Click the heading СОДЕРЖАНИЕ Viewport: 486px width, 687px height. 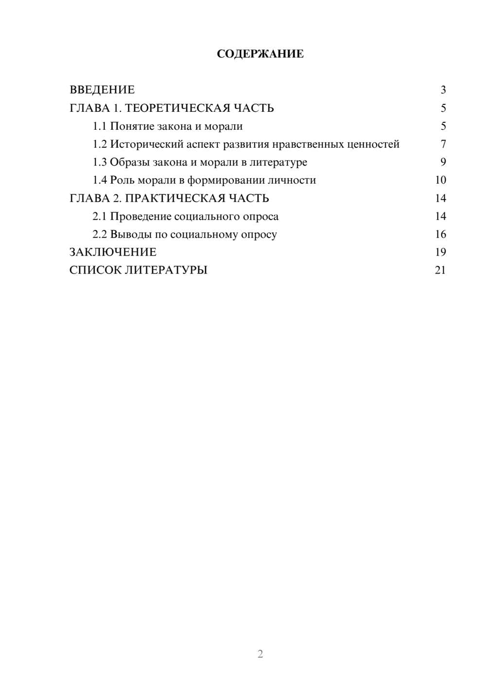(260, 54)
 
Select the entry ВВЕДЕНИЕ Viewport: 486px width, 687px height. (102, 90)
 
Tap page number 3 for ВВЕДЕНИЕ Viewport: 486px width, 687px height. (443, 90)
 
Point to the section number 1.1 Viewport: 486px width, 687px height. (100, 126)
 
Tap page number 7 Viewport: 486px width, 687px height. (443, 144)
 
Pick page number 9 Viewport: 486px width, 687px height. (443, 162)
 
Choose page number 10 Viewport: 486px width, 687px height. (440, 180)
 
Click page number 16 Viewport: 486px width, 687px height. (440, 235)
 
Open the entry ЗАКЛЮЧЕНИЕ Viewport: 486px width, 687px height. (113, 252)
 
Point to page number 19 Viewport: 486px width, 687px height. (440, 252)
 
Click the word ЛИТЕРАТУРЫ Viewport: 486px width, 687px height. (166, 270)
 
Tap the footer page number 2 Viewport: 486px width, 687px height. (260, 654)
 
